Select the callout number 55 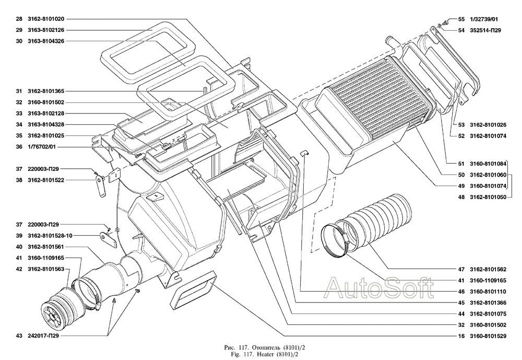pyautogui.click(x=461, y=19)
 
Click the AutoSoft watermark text pyautogui.click(x=379, y=286)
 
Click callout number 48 pyautogui.click(x=461, y=196)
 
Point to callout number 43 pyautogui.click(x=18, y=336)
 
